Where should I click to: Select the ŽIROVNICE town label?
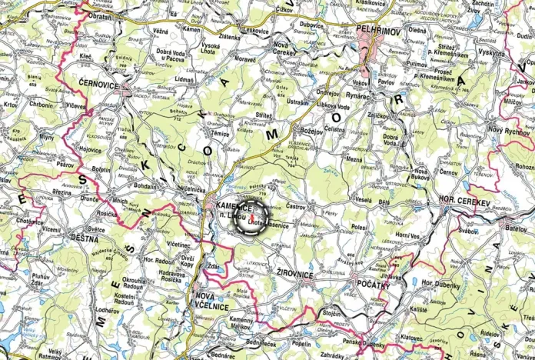pos(293,273)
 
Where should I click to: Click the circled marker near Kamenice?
pos(252,217)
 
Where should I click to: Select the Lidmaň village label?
pos(185,80)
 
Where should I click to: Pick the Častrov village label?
pos(297,208)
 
